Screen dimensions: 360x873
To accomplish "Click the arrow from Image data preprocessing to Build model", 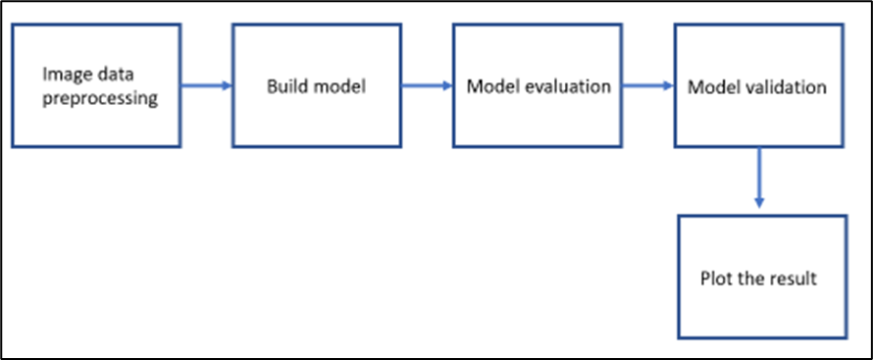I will [206, 86].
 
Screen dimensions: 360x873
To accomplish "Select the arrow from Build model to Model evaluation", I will [427, 86].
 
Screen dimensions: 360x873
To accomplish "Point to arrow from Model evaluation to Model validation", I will [647, 86].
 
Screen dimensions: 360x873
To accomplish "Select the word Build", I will [286, 86].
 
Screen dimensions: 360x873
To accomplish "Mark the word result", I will [796, 278].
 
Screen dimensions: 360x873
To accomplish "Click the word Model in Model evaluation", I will [488, 86].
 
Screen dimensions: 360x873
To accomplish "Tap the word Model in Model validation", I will [708, 86].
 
